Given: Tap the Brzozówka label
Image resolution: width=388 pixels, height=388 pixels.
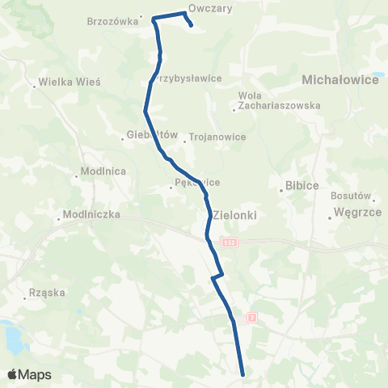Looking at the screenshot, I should [x=112, y=22].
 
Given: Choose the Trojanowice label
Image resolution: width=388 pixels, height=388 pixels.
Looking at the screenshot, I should [x=217, y=137].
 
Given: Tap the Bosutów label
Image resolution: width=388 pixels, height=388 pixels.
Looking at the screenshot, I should [x=350, y=196].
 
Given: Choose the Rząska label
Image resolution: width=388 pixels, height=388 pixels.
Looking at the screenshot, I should [x=46, y=297].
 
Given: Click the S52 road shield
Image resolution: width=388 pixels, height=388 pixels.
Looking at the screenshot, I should [x=231, y=243].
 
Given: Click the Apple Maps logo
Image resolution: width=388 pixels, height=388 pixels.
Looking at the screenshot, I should [x=30, y=374].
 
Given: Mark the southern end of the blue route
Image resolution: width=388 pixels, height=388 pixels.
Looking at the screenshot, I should [x=242, y=373].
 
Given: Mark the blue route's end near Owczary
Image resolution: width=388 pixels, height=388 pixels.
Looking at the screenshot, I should [x=191, y=26].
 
